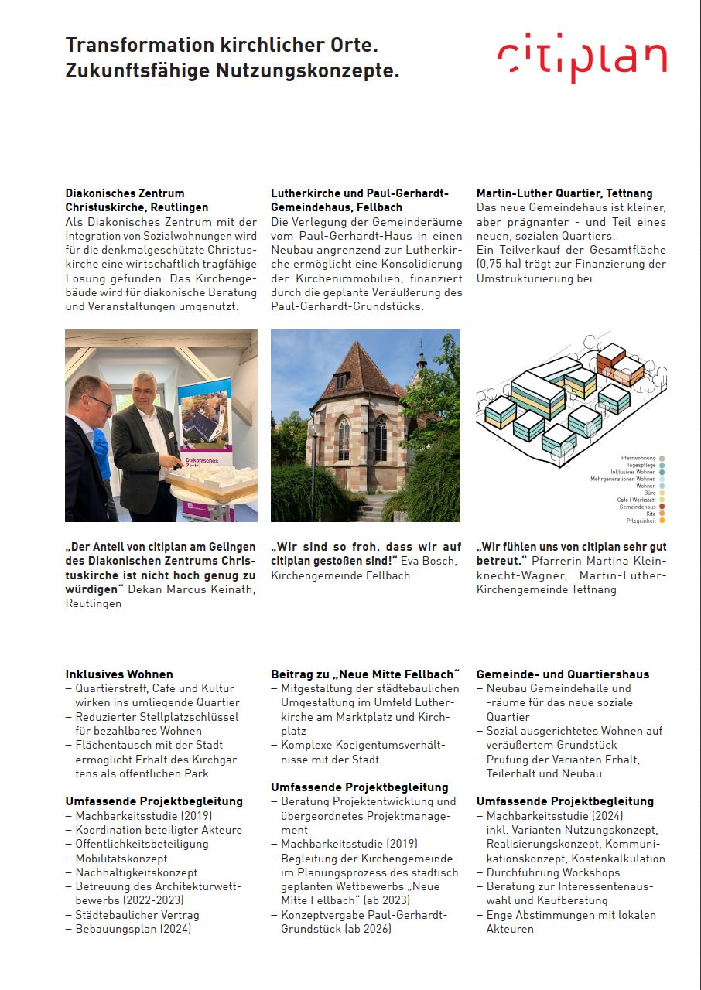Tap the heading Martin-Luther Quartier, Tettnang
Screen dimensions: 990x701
click(564, 193)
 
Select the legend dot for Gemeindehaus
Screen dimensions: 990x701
click(662, 507)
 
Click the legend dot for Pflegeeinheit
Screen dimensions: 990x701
click(662, 521)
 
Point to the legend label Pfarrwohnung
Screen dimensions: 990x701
click(637, 458)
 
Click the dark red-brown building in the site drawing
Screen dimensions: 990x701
click(620, 365)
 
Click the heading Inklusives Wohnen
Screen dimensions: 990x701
click(119, 674)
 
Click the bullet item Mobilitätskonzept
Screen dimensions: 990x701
click(121, 859)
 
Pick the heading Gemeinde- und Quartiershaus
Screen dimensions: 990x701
click(563, 674)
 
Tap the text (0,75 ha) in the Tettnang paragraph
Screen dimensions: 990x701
click(503, 265)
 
